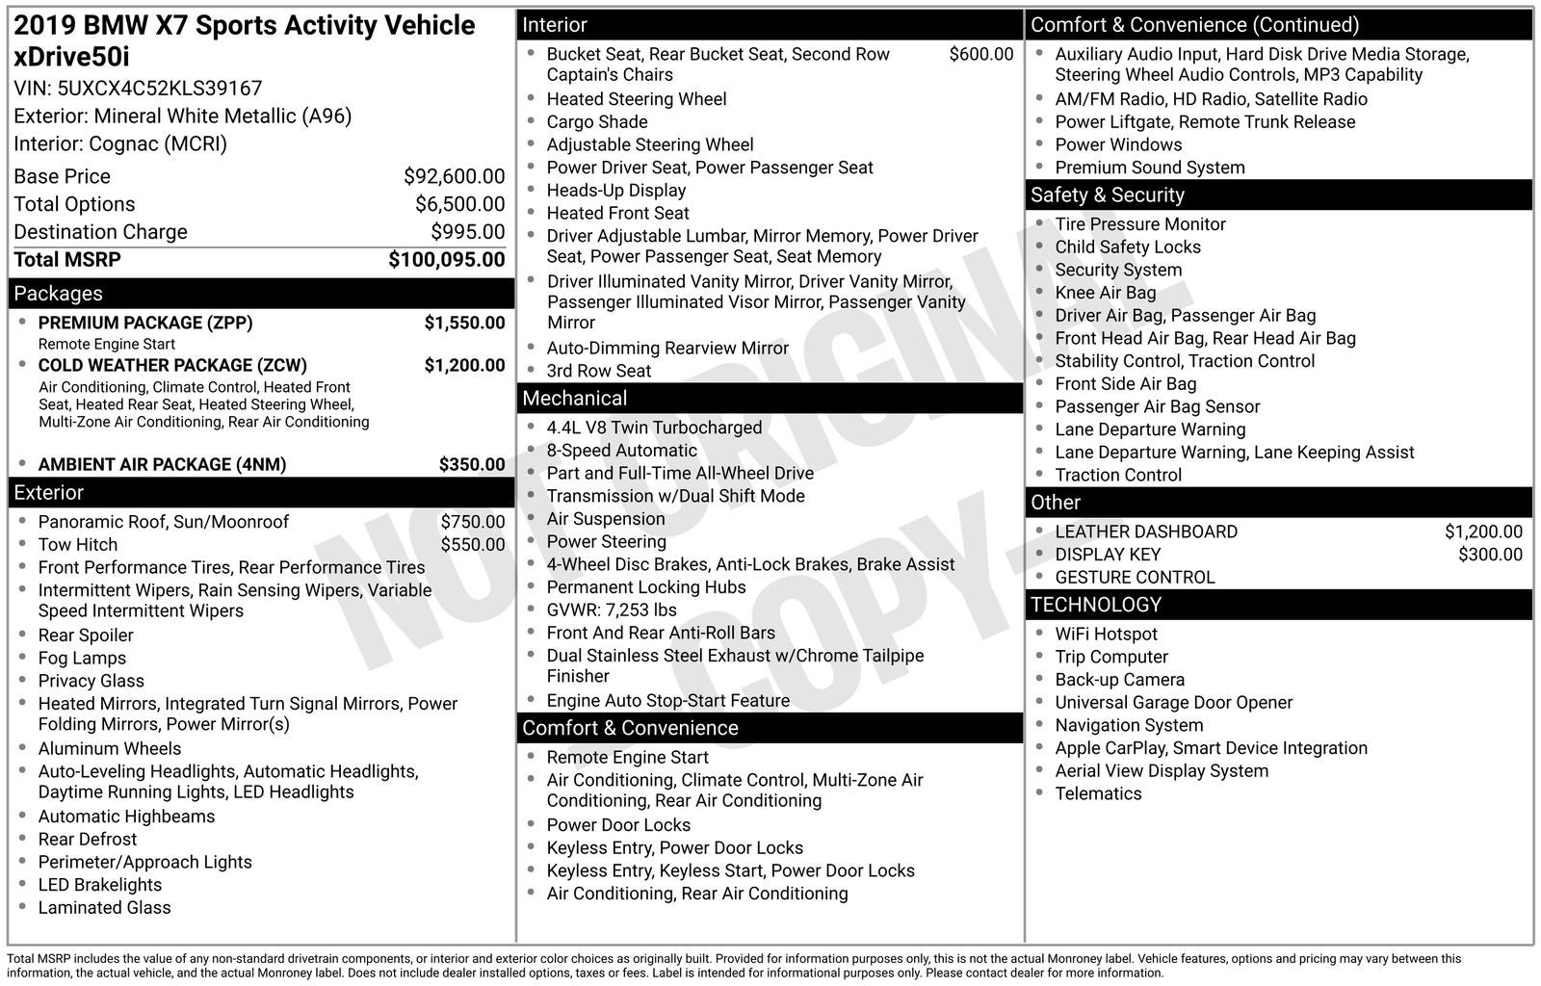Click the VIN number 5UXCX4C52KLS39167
[x=160, y=89]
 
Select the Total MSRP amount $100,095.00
[x=446, y=260]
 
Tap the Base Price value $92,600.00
[x=454, y=176]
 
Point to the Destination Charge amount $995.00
[x=467, y=232]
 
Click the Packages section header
[x=58, y=294]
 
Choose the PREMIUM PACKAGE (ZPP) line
[x=145, y=323]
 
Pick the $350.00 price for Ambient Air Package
[x=471, y=464]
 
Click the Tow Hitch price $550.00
[x=472, y=544]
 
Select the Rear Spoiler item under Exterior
[x=86, y=636]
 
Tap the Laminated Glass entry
[x=104, y=908]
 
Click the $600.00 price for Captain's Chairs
[x=980, y=55]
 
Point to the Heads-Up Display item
[x=616, y=191]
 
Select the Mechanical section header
[x=574, y=399]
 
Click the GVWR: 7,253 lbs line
[x=612, y=610]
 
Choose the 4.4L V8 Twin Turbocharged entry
[x=654, y=428]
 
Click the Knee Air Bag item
[x=1105, y=293]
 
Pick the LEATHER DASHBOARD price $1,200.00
[x=1483, y=532]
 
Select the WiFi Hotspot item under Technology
[x=1106, y=635]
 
